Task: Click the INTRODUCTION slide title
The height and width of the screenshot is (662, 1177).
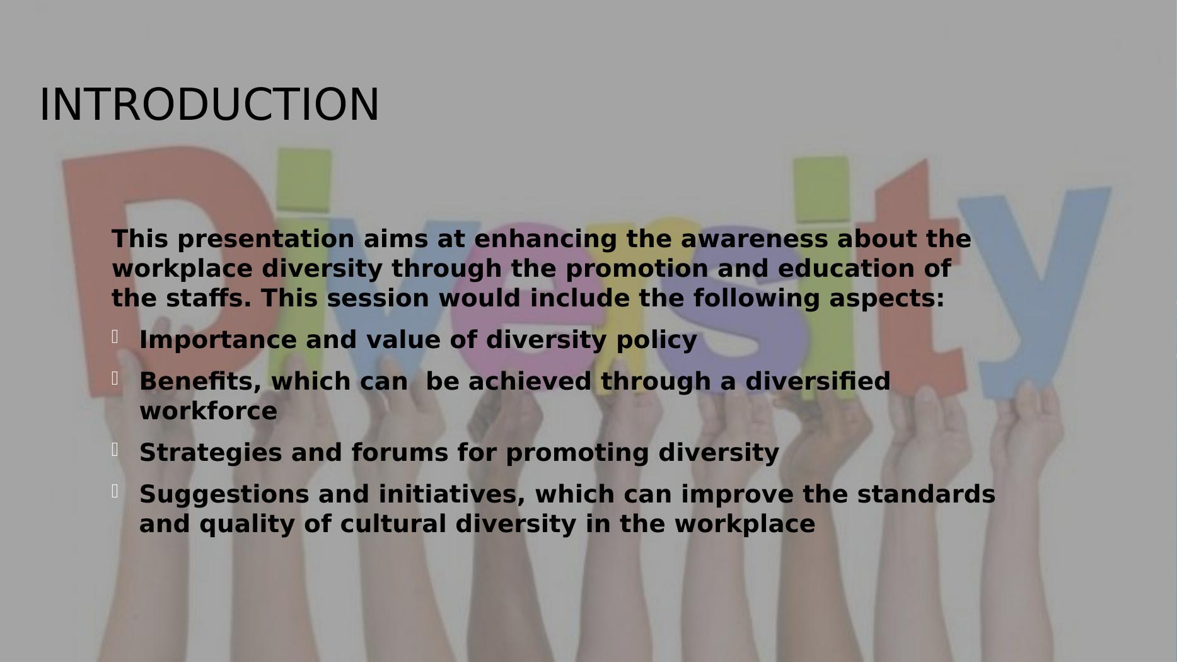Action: [x=209, y=105]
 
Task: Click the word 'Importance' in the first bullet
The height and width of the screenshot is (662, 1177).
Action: [x=218, y=340]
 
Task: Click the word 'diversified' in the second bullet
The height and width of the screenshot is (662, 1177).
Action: [x=818, y=381]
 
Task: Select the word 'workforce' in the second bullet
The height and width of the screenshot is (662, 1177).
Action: [x=208, y=411]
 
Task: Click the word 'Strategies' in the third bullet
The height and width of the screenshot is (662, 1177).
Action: [x=211, y=453]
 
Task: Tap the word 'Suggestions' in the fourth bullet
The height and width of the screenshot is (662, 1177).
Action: [x=224, y=495]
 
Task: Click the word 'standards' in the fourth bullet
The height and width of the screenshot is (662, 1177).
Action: [x=926, y=494]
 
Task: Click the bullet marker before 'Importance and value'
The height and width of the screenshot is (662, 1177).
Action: [x=115, y=337]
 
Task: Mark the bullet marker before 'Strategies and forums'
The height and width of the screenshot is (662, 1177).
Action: [x=115, y=450]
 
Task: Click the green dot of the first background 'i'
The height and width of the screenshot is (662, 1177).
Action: [x=304, y=179]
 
